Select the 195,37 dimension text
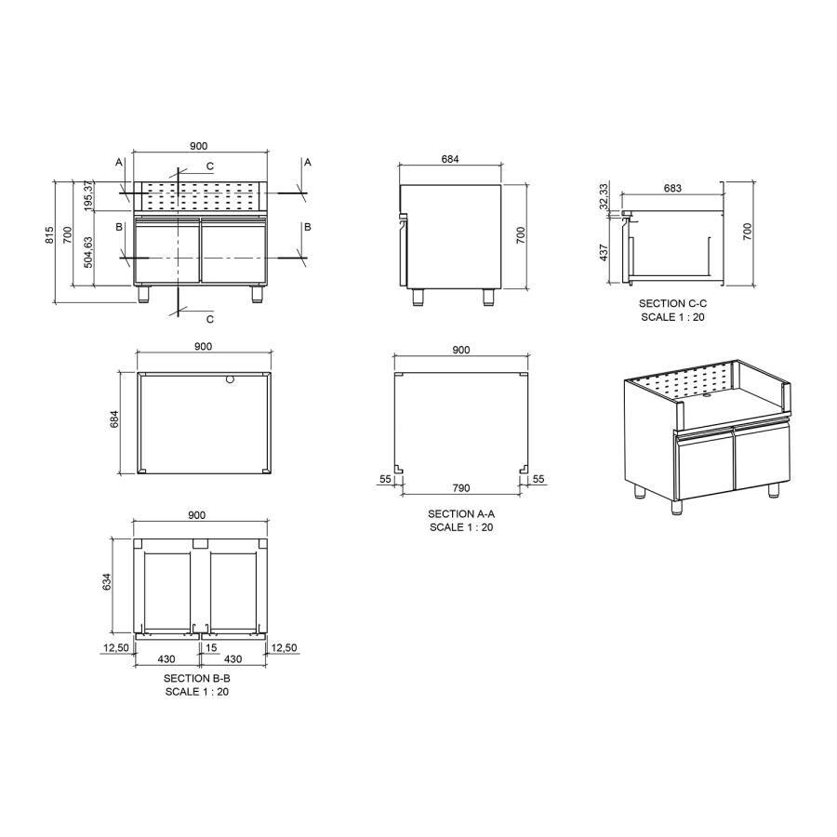(89, 196)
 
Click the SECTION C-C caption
(672, 304)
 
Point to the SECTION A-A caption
(461, 514)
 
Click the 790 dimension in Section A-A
(460, 487)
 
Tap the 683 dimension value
(672, 188)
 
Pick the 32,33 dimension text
(604, 196)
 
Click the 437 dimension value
(604, 251)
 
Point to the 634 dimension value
(106, 583)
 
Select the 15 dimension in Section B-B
(212, 647)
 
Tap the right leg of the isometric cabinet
(773, 489)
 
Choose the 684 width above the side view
(450, 159)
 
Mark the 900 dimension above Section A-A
(460, 350)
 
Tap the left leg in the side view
(418, 297)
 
